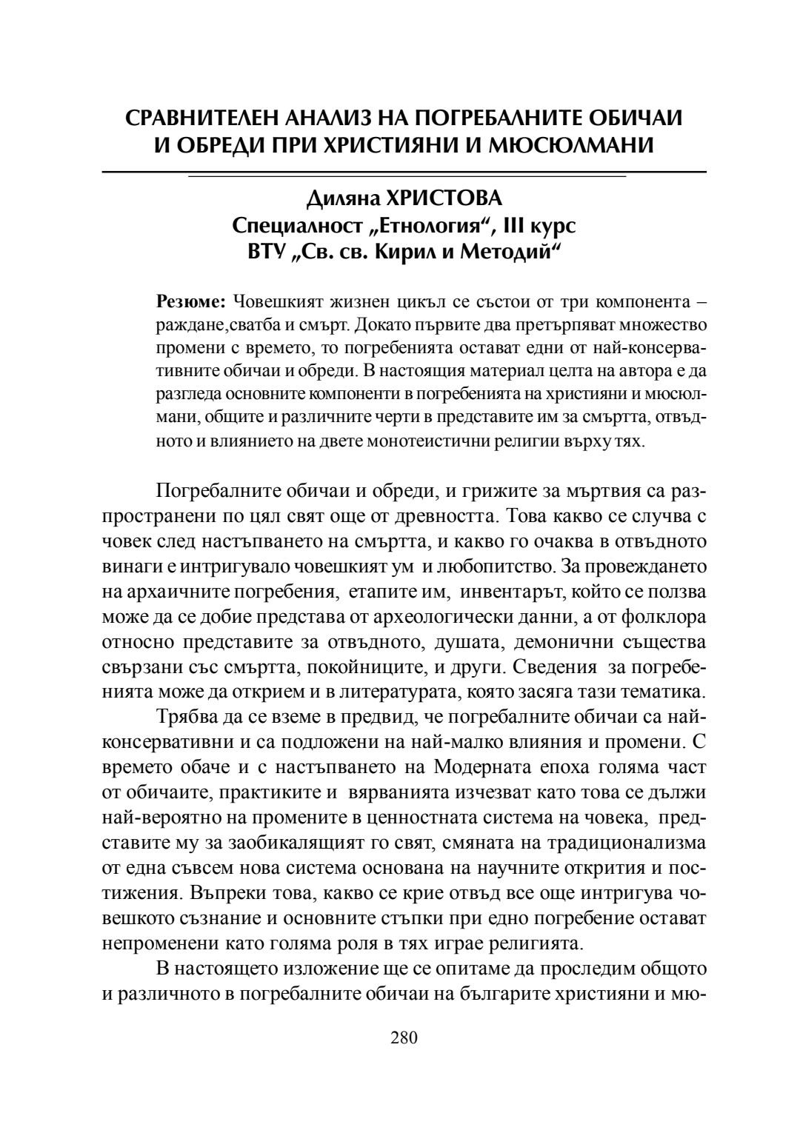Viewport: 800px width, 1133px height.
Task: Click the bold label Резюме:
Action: [x=191, y=304]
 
